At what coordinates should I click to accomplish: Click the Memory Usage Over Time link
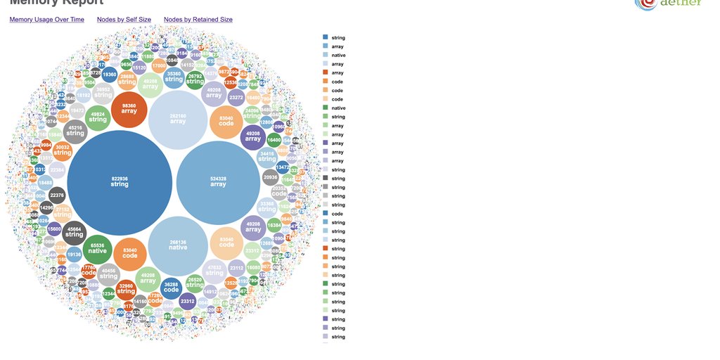tap(46, 20)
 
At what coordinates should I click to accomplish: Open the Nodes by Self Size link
tap(124, 20)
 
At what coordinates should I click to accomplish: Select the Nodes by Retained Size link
tap(198, 20)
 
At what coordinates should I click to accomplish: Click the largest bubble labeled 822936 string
tap(120, 182)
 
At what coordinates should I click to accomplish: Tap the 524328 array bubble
tap(218, 182)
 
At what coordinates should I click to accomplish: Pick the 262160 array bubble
tap(178, 119)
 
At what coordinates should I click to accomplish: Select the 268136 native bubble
tap(178, 245)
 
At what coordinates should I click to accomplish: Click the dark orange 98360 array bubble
tap(129, 108)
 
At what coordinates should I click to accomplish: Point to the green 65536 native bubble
tap(98, 248)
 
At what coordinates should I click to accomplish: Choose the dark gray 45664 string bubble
tap(74, 232)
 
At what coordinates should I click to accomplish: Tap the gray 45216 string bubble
tap(75, 131)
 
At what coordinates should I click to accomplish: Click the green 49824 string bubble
tap(98, 117)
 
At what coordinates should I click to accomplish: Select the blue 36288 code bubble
tap(171, 287)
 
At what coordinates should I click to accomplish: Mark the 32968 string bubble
tap(126, 289)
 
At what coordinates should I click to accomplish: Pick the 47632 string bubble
tap(214, 270)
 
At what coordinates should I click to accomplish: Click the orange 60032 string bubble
tap(63, 150)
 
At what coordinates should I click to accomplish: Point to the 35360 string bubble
tap(174, 77)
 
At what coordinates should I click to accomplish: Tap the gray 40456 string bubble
tap(108, 274)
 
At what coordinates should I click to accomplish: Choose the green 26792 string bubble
tap(195, 79)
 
